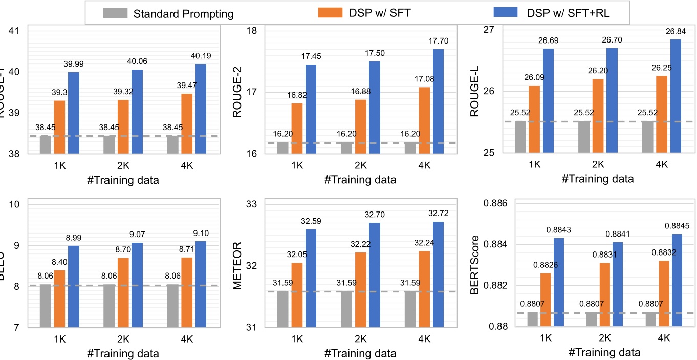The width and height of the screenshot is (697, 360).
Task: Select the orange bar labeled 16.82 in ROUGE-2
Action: (x=297, y=128)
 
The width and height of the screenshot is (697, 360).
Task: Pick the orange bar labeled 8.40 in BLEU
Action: (x=60, y=298)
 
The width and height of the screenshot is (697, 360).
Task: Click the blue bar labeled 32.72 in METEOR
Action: (x=438, y=274)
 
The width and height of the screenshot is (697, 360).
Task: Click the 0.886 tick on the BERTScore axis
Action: (x=495, y=204)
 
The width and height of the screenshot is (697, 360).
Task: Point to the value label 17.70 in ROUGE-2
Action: (x=438, y=41)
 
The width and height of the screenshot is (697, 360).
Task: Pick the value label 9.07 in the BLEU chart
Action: (x=137, y=235)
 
